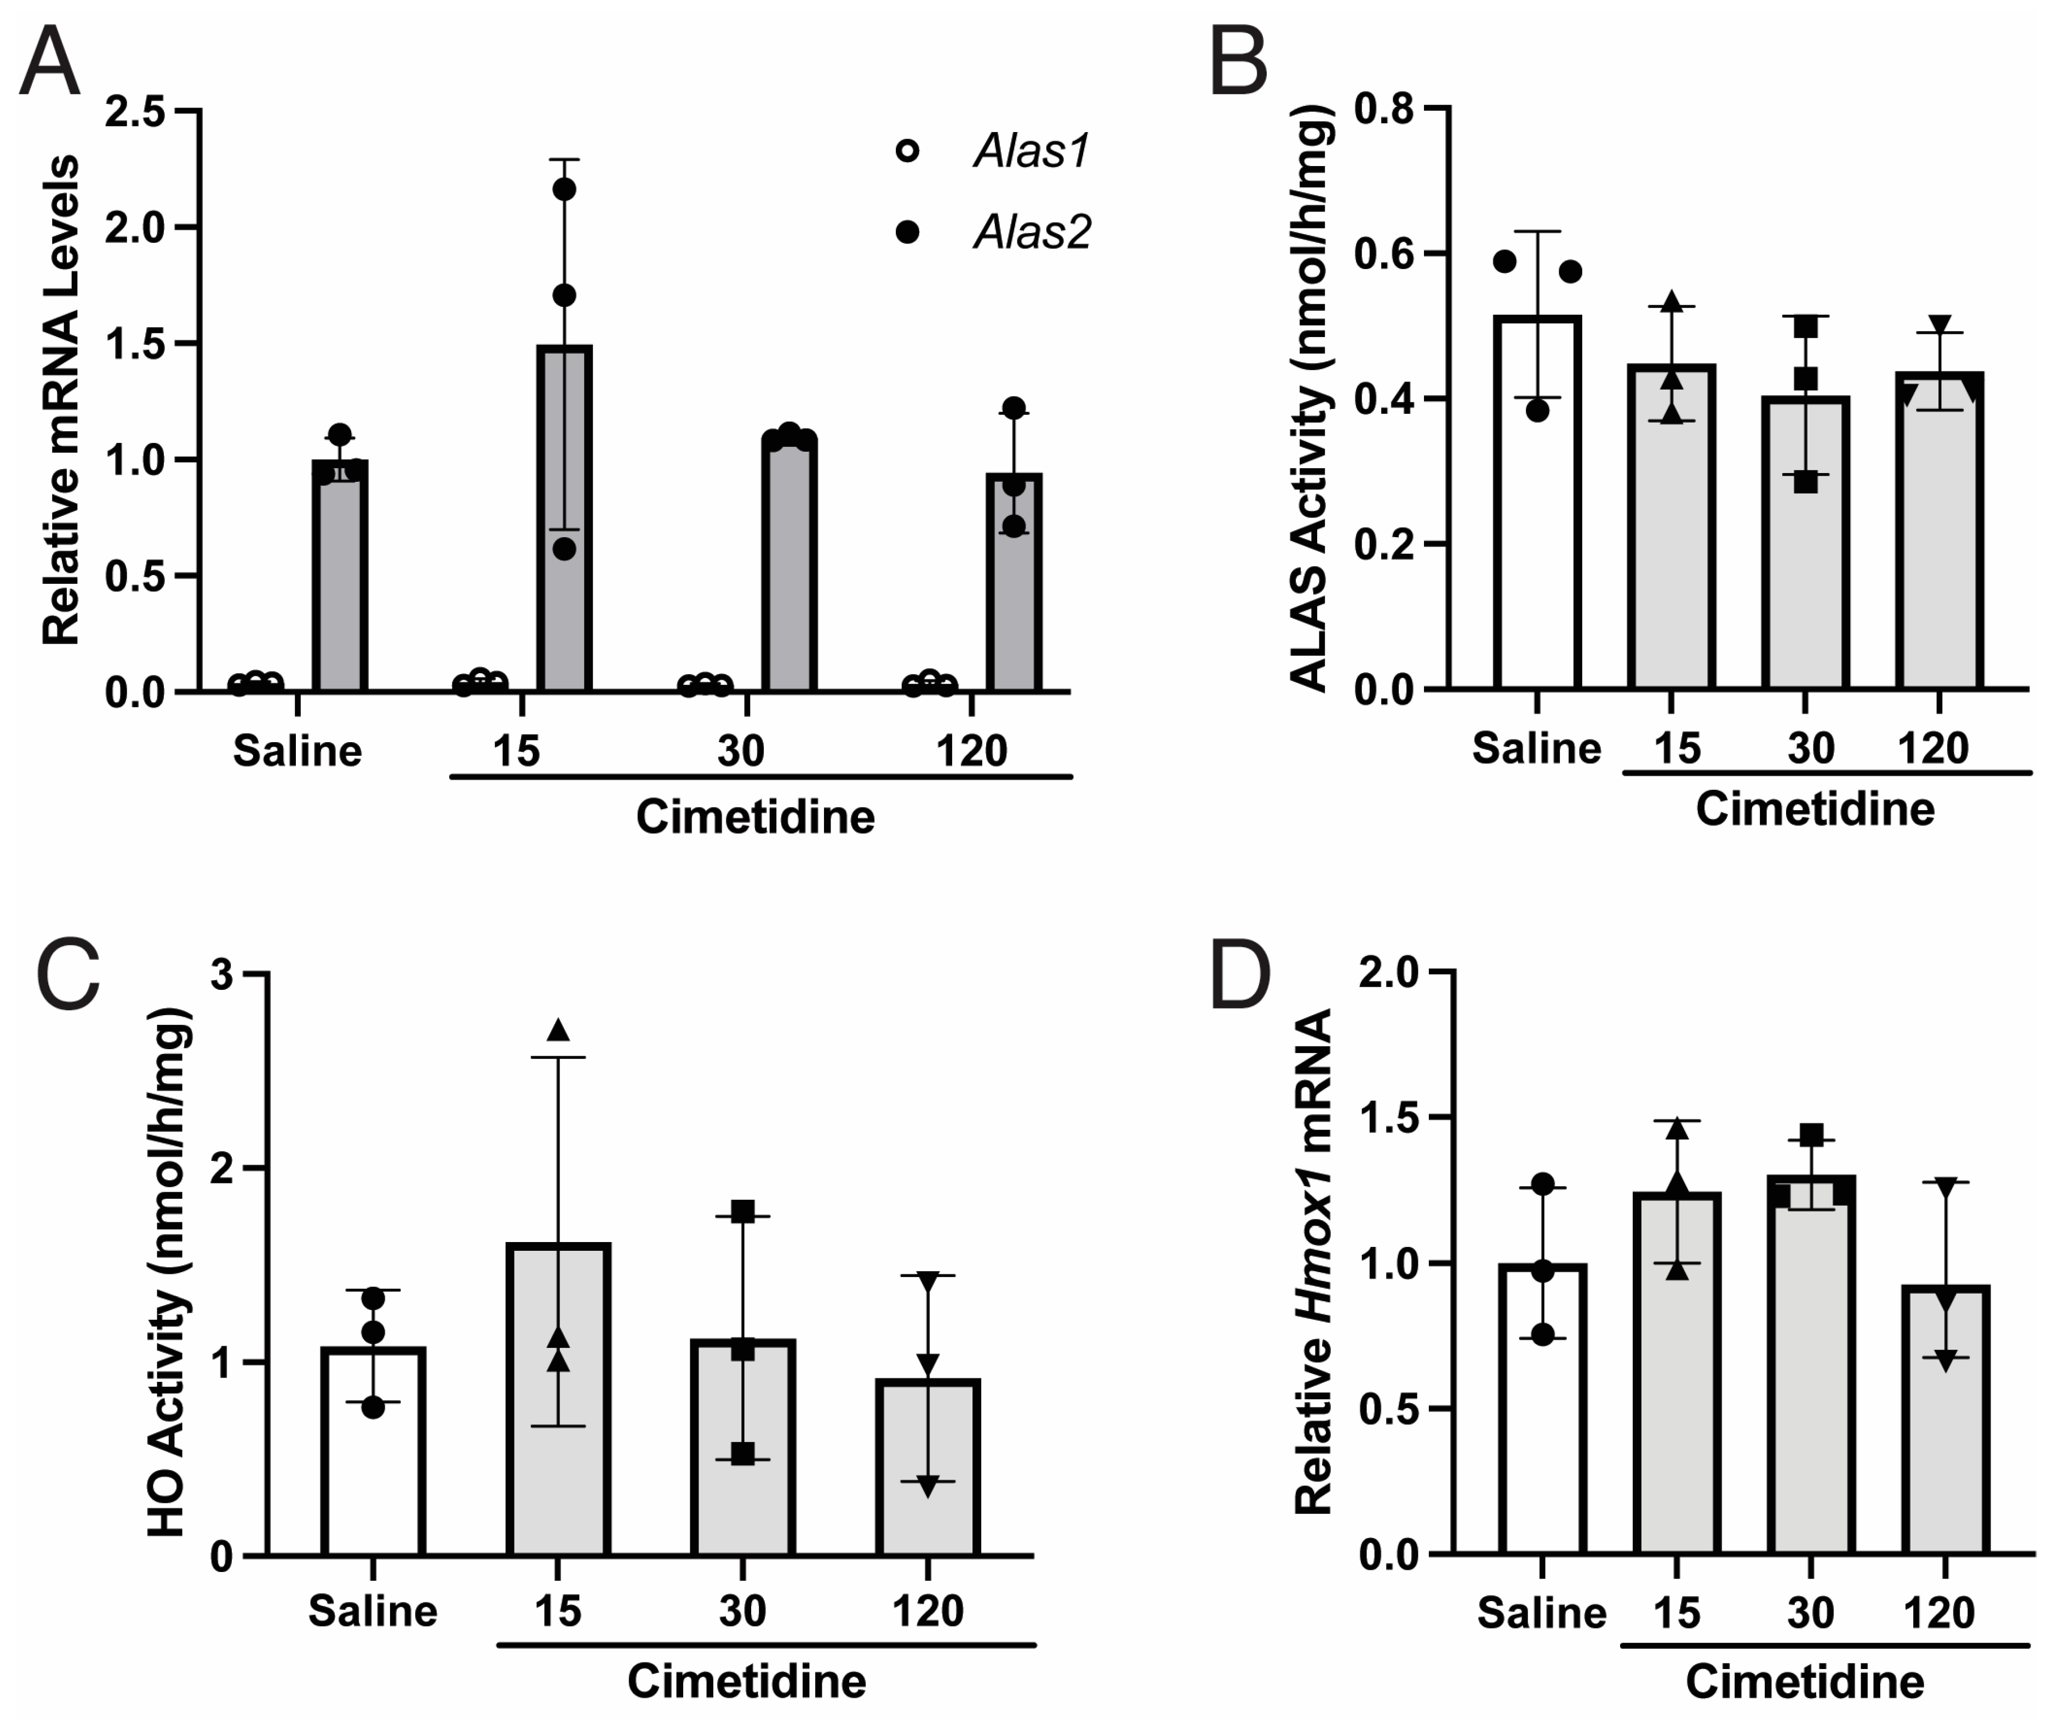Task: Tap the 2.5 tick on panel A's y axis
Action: pyautogui.click(x=137, y=111)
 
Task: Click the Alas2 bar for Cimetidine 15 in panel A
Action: pyautogui.click(x=564, y=519)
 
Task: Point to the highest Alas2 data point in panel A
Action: pyautogui.click(x=564, y=189)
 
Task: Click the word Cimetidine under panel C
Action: pyautogui.click(x=746, y=1681)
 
